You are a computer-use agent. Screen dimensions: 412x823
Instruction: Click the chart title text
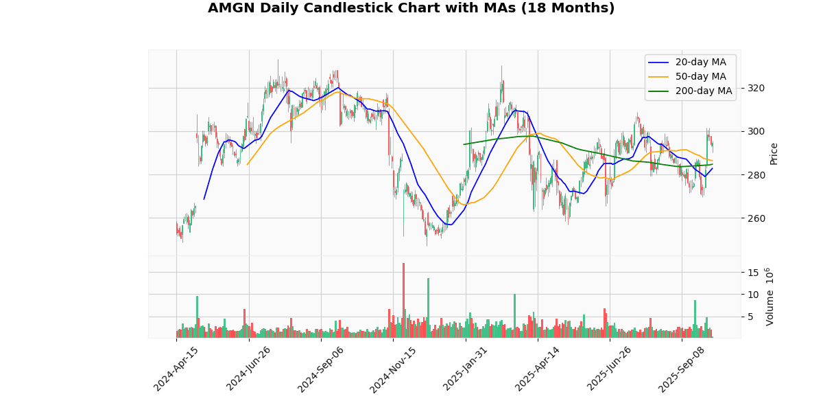point(411,8)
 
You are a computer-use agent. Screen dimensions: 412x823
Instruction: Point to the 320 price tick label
point(756,88)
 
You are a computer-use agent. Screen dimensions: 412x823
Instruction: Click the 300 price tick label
point(756,131)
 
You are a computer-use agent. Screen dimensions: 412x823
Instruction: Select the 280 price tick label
point(756,175)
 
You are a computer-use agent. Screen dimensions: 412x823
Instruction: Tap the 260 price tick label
point(756,218)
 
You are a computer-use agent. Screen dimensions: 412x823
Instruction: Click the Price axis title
point(774,153)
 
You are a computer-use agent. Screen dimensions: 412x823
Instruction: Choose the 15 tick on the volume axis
point(752,273)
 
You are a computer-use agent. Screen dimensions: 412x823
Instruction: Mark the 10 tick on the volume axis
point(752,295)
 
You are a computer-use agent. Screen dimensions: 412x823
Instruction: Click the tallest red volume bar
point(403,300)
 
